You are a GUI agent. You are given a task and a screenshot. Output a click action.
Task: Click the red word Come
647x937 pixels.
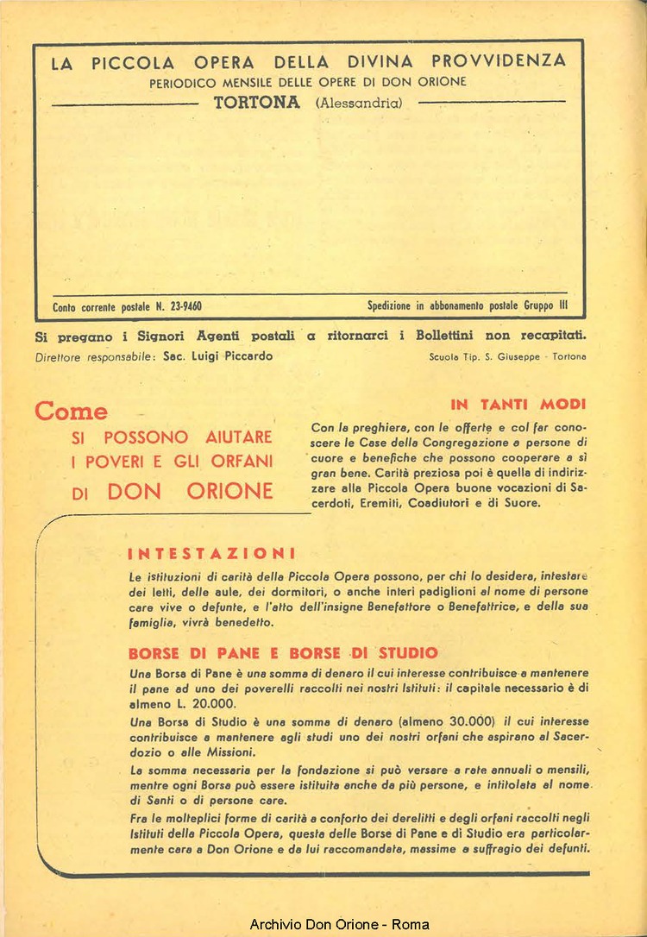click(72, 412)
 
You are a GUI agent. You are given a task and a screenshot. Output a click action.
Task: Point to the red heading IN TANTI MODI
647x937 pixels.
click(518, 404)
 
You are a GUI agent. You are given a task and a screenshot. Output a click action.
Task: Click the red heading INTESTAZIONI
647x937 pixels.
click(212, 553)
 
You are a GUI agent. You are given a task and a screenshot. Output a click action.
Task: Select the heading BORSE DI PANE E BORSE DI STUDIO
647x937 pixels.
click(283, 653)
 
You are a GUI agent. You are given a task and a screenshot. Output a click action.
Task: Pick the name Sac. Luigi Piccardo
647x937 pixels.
click(217, 356)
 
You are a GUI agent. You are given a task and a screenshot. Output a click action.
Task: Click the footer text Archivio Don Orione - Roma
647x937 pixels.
click(339, 924)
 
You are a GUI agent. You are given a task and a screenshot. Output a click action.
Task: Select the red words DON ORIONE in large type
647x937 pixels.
click(190, 491)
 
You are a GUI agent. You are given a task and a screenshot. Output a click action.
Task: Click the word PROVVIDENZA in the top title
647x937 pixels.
click(499, 61)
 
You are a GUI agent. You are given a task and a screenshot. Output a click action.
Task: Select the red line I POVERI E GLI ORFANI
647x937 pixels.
click(172, 462)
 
